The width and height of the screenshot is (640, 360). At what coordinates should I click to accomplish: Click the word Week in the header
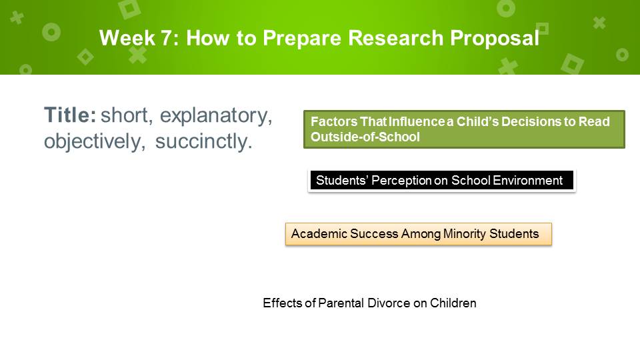click(127, 38)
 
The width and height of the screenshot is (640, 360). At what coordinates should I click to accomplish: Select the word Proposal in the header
click(495, 39)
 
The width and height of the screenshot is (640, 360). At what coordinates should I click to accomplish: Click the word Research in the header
click(395, 38)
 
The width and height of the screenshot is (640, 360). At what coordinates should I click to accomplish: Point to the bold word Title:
click(70, 115)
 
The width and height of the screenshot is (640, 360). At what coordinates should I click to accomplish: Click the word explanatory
click(215, 116)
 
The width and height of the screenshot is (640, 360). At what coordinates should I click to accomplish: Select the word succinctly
click(204, 142)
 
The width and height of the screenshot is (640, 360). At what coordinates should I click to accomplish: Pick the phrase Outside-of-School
click(365, 137)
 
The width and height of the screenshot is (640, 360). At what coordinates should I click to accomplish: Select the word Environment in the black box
click(527, 181)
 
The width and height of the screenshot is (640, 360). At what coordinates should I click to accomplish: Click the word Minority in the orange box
click(465, 234)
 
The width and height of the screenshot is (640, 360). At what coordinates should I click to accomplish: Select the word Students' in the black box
click(341, 181)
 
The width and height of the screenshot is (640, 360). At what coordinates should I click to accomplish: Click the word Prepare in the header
click(301, 39)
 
